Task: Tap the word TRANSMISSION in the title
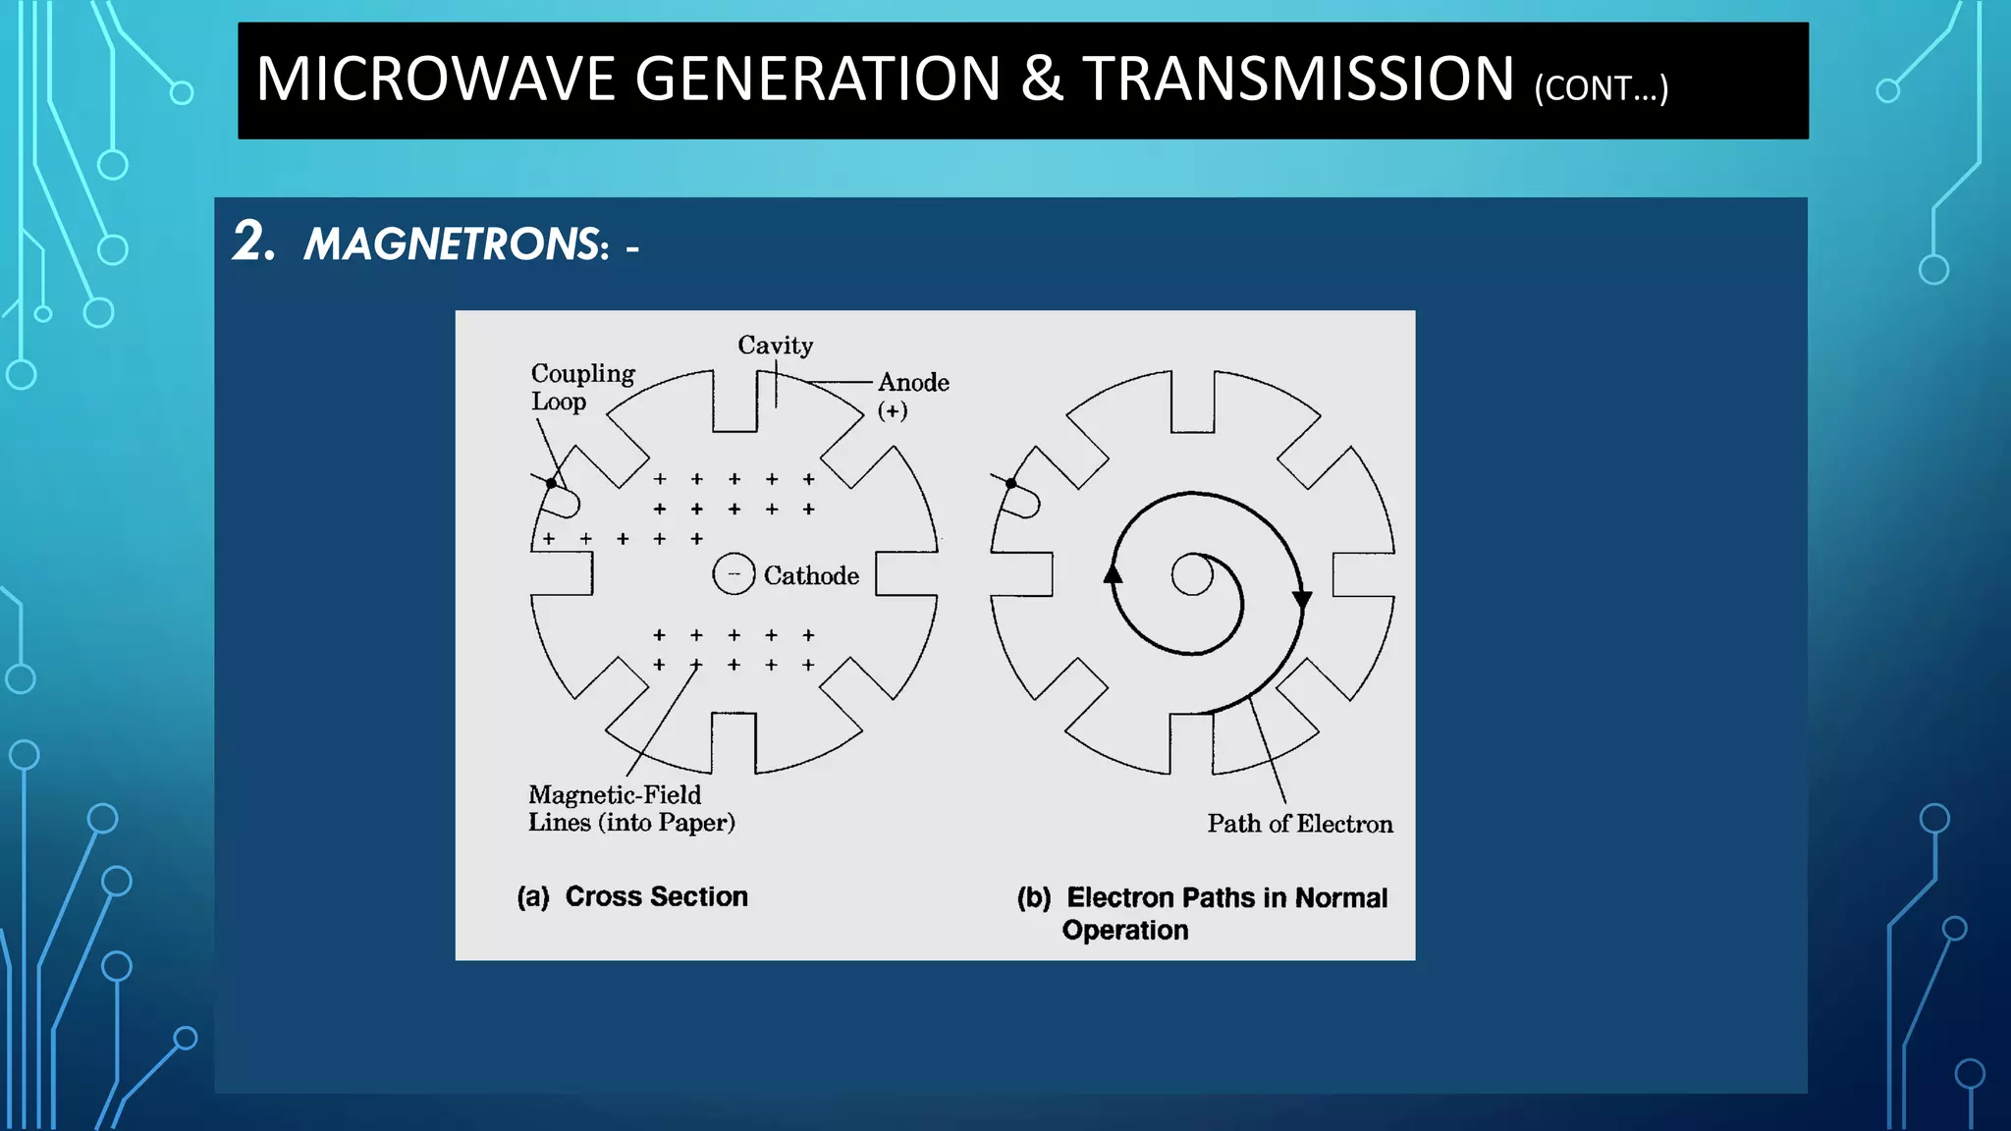[1298, 80]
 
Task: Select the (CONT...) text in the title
[1601, 88]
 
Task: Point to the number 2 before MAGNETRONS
[252, 242]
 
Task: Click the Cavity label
[775, 346]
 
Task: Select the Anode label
[913, 382]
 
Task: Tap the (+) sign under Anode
[893, 410]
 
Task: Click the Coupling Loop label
[581, 387]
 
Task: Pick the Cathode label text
[811, 575]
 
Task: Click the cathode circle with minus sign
[734, 574]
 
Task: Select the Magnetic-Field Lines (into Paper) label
[630, 808]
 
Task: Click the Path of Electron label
[1299, 824]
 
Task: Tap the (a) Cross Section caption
[632, 896]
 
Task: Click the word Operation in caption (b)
[1124, 930]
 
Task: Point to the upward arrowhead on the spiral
[1113, 573]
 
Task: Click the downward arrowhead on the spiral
[1302, 600]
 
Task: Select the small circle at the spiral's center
[1192, 575]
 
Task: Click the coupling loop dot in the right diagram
[1011, 483]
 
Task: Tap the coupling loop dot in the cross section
[552, 483]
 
